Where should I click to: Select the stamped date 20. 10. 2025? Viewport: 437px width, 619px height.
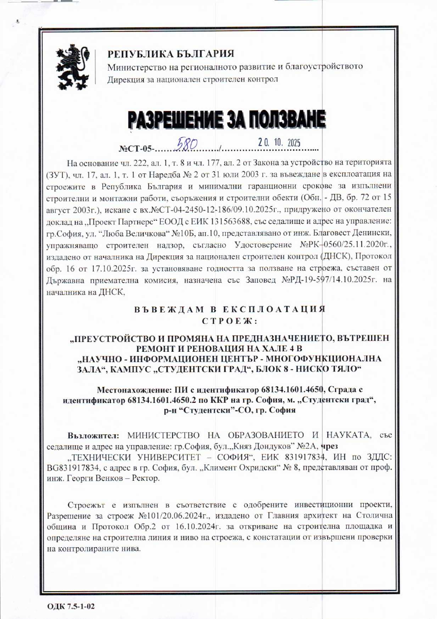(278, 142)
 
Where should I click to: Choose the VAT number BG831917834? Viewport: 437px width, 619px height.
(75, 469)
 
